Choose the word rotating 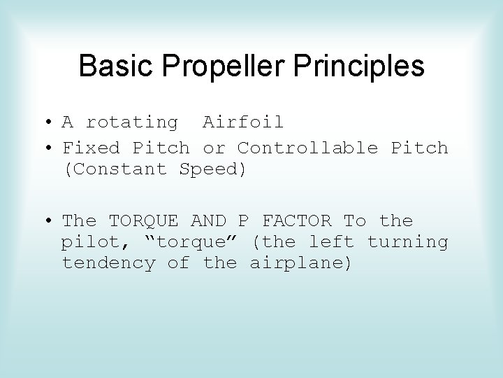[132, 122]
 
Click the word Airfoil [243, 122]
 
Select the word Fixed [92, 148]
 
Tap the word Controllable [307, 148]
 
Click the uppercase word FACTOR [296, 221]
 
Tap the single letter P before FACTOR [243, 221]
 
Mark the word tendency [109, 264]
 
